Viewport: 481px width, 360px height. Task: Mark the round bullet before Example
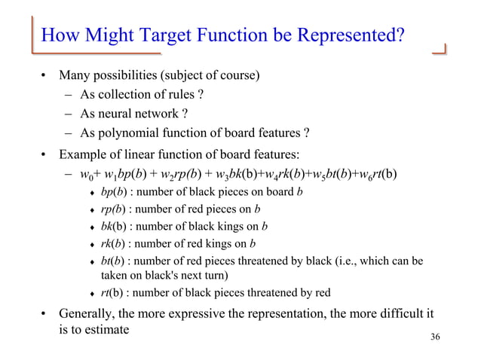[x=44, y=157]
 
